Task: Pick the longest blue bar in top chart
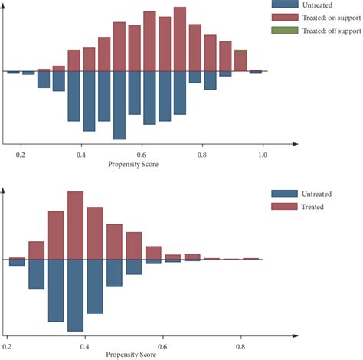119,106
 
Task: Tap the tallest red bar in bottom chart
75,226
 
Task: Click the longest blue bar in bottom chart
75,295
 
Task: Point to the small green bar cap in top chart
240,51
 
